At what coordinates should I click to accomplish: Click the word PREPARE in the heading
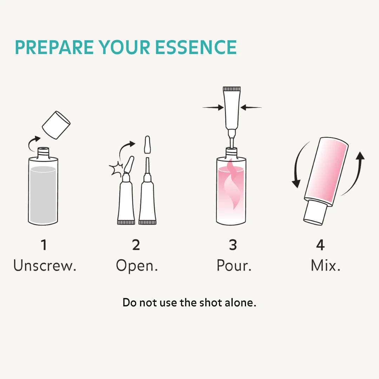(x=54, y=47)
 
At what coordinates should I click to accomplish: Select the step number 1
(x=44, y=245)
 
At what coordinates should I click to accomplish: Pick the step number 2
(x=136, y=245)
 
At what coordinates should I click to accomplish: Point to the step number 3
(x=233, y=245)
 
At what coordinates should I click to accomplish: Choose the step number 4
(x=320, y=245)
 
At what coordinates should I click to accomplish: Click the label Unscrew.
(x=45, y=265)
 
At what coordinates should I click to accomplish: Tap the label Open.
(x=137, y=266)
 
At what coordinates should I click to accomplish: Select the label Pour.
(x=234, y=265)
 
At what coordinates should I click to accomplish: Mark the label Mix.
(x=325, y=265)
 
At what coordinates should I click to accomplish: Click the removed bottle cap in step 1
(x=56, y=125)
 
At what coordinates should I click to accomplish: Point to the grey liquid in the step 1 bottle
(x=43, y=194)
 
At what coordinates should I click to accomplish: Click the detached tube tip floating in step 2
(x=147, y=145)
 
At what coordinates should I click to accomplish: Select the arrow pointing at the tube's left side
(x=213, y=107)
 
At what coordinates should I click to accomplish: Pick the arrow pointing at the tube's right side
(x=251, y=107)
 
